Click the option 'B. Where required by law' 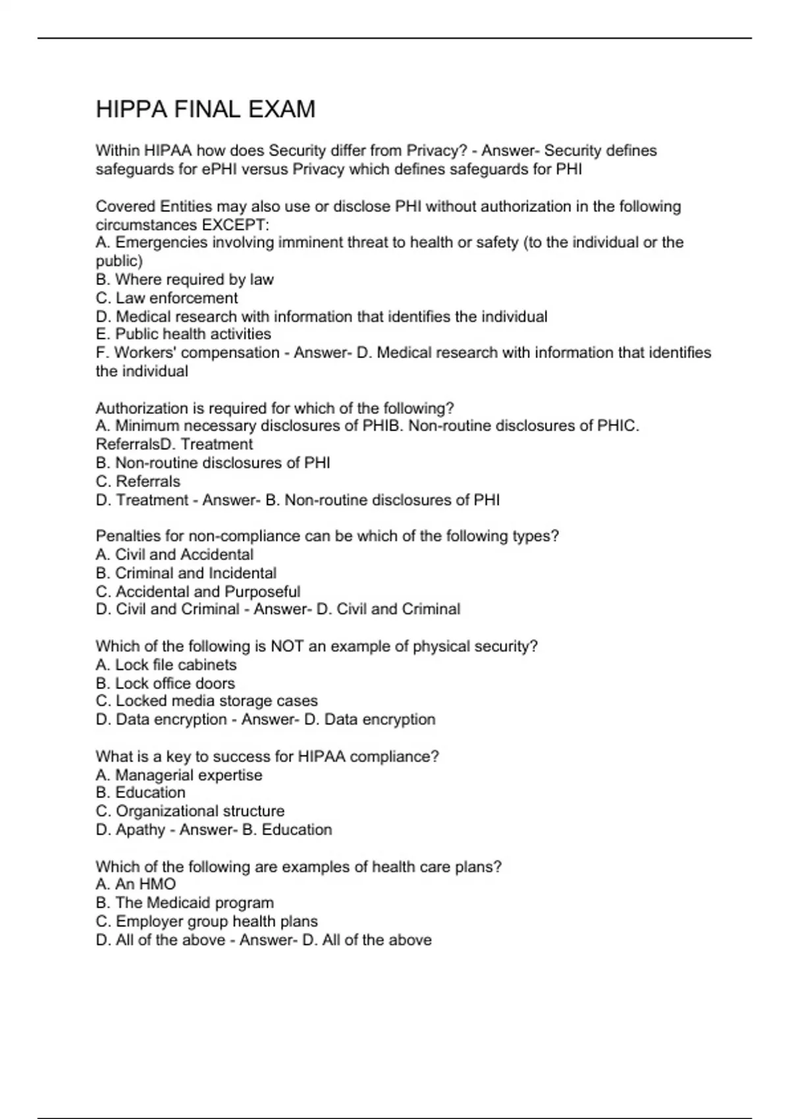point(184,280)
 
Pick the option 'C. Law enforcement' point(167,298)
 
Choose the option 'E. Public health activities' point(183,334)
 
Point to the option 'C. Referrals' point(138,481)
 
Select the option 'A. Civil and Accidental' point(174,555)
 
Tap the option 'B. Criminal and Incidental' point(186,573)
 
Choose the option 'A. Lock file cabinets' point(166,665)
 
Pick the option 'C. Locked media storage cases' point(206,701)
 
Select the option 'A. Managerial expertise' point(178,775)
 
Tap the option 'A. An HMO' point(136,885)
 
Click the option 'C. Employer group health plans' point(206,922)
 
